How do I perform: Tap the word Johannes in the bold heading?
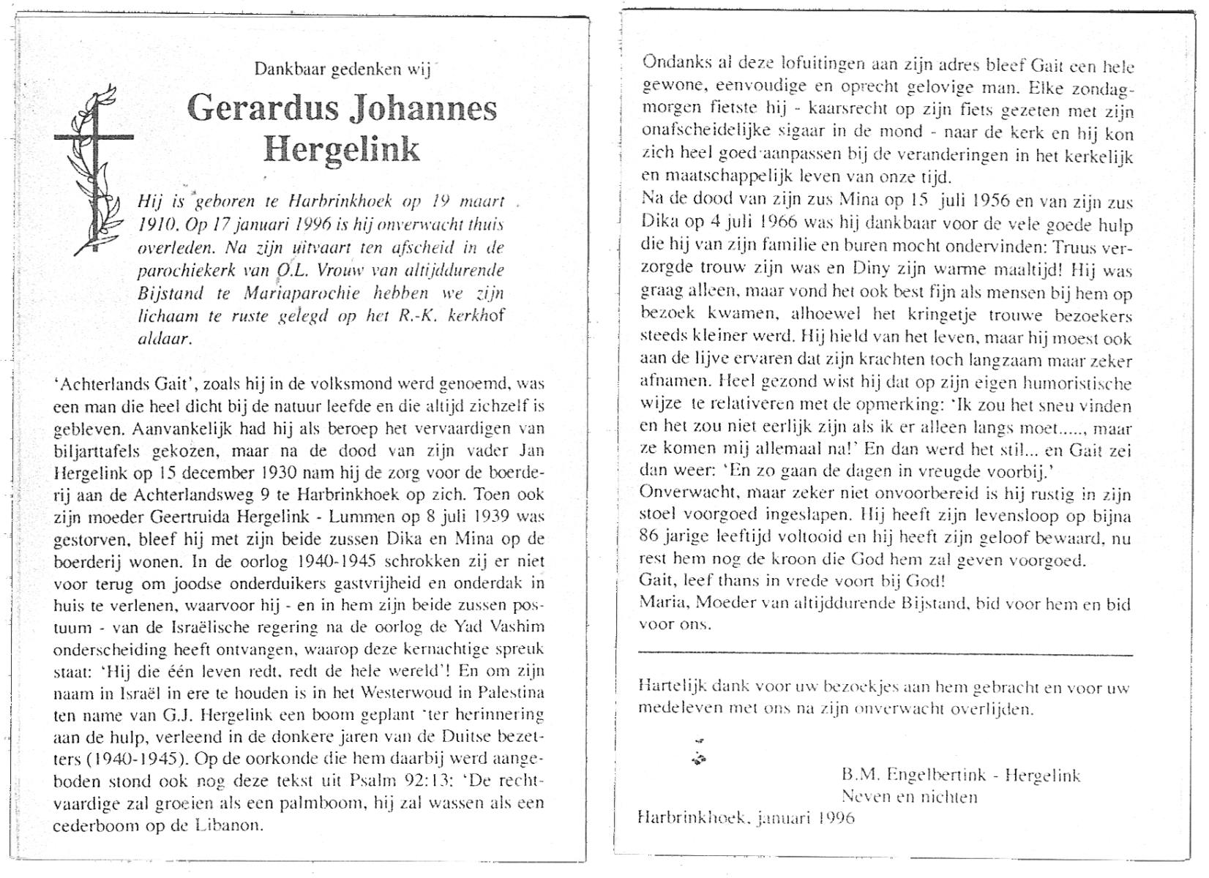coord(424,110)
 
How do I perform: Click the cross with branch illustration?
coord(94,168)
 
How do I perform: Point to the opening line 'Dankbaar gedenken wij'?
coord(342,70)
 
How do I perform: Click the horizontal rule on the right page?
coord(886,655)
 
